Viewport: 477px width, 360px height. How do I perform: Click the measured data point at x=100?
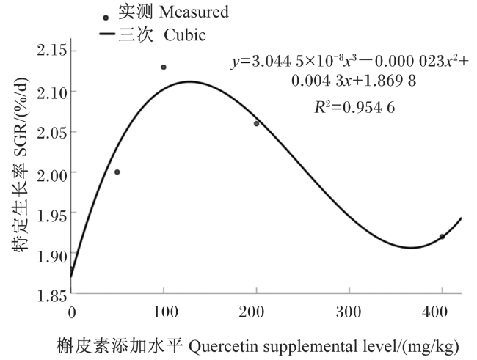point(164,67)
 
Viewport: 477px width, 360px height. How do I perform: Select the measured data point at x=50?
point(117,172)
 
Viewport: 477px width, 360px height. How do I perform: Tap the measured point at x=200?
point(256,123)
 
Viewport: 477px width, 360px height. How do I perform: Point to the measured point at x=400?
point(442,237)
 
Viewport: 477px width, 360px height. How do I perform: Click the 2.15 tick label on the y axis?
point(51,51)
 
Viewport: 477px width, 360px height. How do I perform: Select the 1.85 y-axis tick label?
point(51,296)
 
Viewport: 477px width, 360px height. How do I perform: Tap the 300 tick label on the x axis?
point(349,312)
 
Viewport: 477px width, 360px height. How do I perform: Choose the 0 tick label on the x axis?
point(72,312)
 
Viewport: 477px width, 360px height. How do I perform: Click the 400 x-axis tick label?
point(435,312)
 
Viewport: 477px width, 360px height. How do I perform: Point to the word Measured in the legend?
point(194,12)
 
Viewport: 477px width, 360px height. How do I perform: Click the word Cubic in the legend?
point(185,35)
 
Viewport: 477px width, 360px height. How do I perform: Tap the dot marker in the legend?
point(106,18)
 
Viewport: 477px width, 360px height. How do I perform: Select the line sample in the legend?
point(107,34)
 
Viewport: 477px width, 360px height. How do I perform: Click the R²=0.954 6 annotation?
point(354,107)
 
